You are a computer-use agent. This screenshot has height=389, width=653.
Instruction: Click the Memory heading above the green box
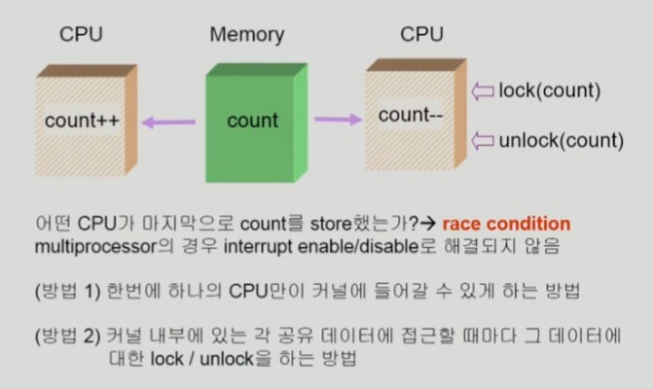point(247,36)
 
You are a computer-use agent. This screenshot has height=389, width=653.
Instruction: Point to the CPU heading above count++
point(82,36)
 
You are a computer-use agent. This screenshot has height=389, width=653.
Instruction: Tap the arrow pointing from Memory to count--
point(337,119)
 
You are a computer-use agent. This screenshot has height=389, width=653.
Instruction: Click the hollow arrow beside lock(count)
point(482,91)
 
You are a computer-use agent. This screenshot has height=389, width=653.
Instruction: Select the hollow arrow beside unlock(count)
point(482,141)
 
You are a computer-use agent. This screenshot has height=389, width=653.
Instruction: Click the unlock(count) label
point(560,141)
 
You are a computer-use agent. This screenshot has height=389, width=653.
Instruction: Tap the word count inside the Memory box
point(252,122)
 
